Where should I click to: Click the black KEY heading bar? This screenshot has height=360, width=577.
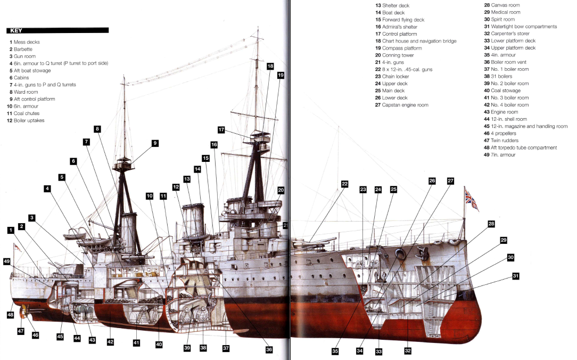pos(57,30)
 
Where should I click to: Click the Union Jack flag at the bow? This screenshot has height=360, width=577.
pos(471,198)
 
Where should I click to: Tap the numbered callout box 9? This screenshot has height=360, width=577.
pos(155,143)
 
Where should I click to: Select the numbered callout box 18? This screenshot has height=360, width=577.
pos(270,66)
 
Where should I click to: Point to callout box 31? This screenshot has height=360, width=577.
pos(515,276)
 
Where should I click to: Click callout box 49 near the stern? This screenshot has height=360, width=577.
pos(6,261)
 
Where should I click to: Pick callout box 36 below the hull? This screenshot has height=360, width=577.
pos(269,349)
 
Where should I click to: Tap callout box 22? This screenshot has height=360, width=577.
pos(344,184)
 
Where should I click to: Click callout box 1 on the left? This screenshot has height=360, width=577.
pos(11,230)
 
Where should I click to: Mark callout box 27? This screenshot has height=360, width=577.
pos(450,181)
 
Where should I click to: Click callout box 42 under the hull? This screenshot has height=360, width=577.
pos(111,341)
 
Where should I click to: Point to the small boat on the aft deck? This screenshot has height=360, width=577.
pos(75,235)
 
